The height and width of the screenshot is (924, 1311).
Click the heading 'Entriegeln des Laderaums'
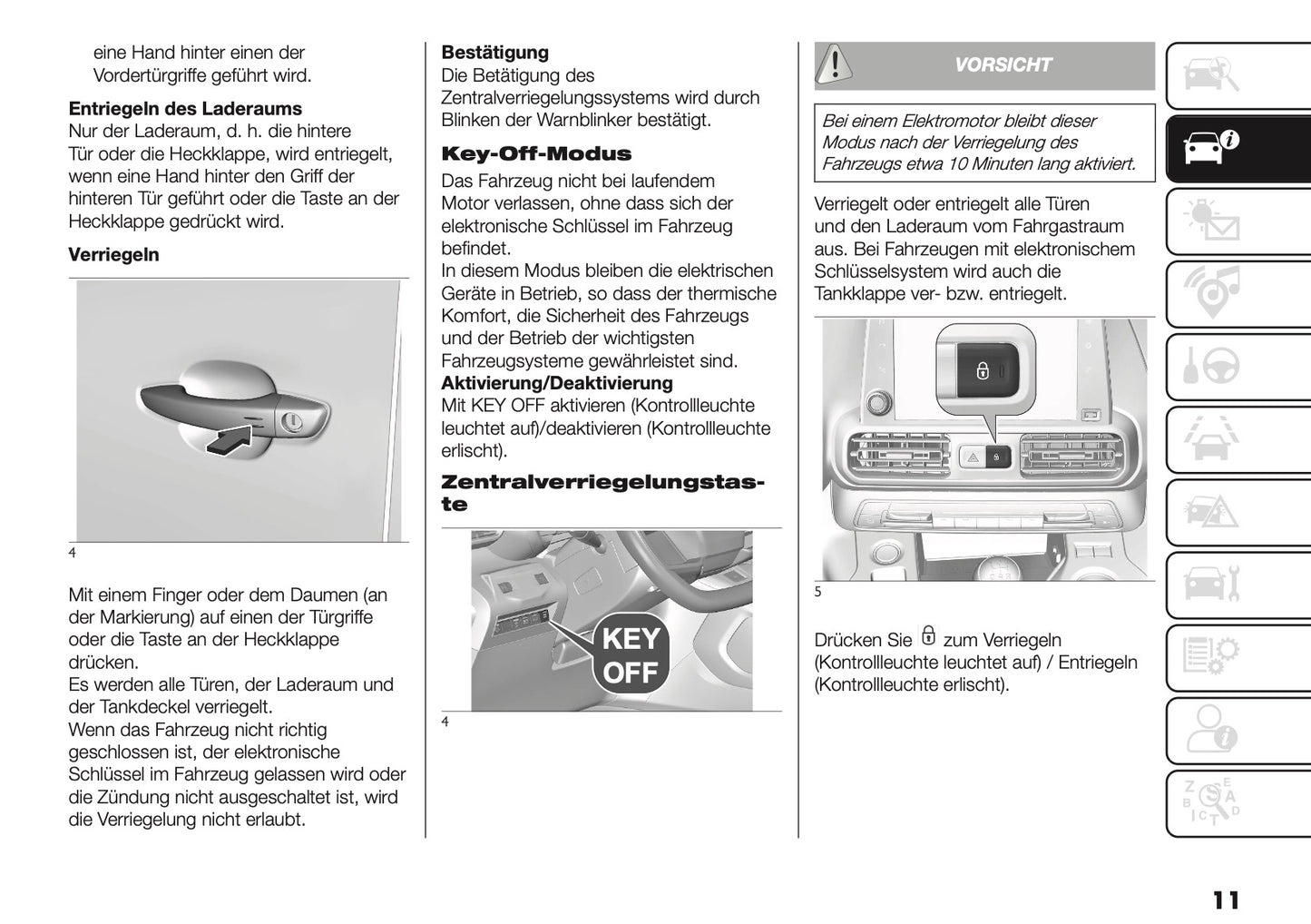tap(185, 109)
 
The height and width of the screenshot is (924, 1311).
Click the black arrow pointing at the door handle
tap(229, 440)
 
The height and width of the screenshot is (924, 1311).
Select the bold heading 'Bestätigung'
tap(494, 53)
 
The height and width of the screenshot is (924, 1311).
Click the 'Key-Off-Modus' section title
tap(535, 153)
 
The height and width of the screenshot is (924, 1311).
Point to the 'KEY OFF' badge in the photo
tap(631, 655)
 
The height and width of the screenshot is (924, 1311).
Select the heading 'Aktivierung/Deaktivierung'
tap(556, 383)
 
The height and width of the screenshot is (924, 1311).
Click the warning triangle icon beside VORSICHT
tap(834, 64)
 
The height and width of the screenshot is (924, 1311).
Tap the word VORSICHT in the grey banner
tap(1003, 65)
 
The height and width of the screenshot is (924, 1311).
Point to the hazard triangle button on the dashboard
tap(972, 457)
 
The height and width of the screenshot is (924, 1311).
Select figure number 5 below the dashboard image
tap(817, 592)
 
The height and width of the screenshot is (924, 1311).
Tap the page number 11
tap(1225, 900)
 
